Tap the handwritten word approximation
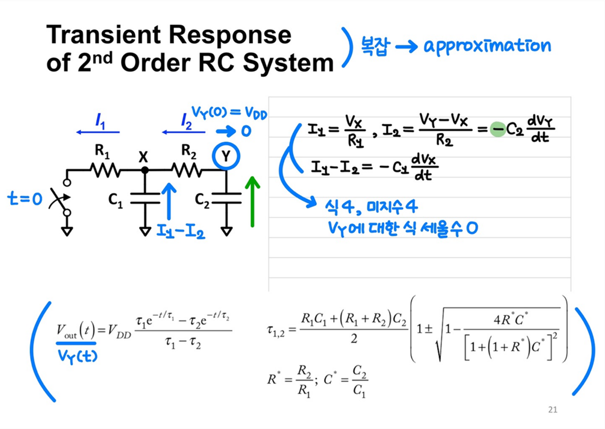487,46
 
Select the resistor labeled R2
186,171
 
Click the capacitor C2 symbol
227,199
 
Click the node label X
143,158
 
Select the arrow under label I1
98,132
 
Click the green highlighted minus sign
497,130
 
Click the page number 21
552,410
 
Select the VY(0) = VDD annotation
229,113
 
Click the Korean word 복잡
375,47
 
